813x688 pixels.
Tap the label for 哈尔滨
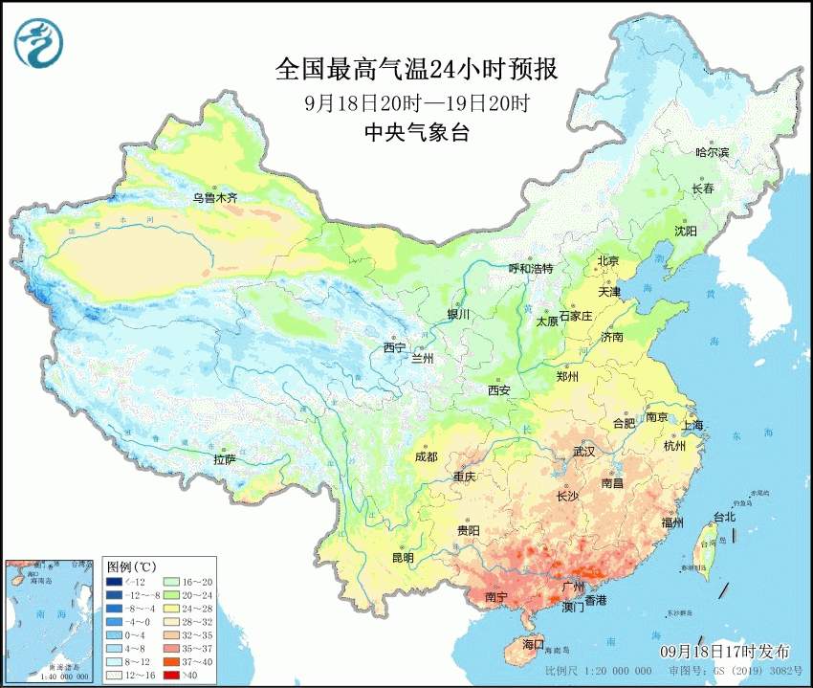click(712, 152)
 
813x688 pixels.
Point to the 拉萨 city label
click(224, 458)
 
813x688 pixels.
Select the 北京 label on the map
click(608, 260)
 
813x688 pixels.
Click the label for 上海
click(692, 424)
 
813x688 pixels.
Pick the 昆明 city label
click(403, 558)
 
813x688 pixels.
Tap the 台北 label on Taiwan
click(724, 517)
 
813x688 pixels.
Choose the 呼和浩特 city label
click(530, 269)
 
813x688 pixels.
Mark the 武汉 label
click(583, 451)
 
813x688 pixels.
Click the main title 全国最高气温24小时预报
click(416, 69)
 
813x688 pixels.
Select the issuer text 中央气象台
click(416, 133)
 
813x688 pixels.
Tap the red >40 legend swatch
click(114, 675)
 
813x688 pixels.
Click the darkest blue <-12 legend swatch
click(114, 581)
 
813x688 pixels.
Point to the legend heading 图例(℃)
click(132, 566)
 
